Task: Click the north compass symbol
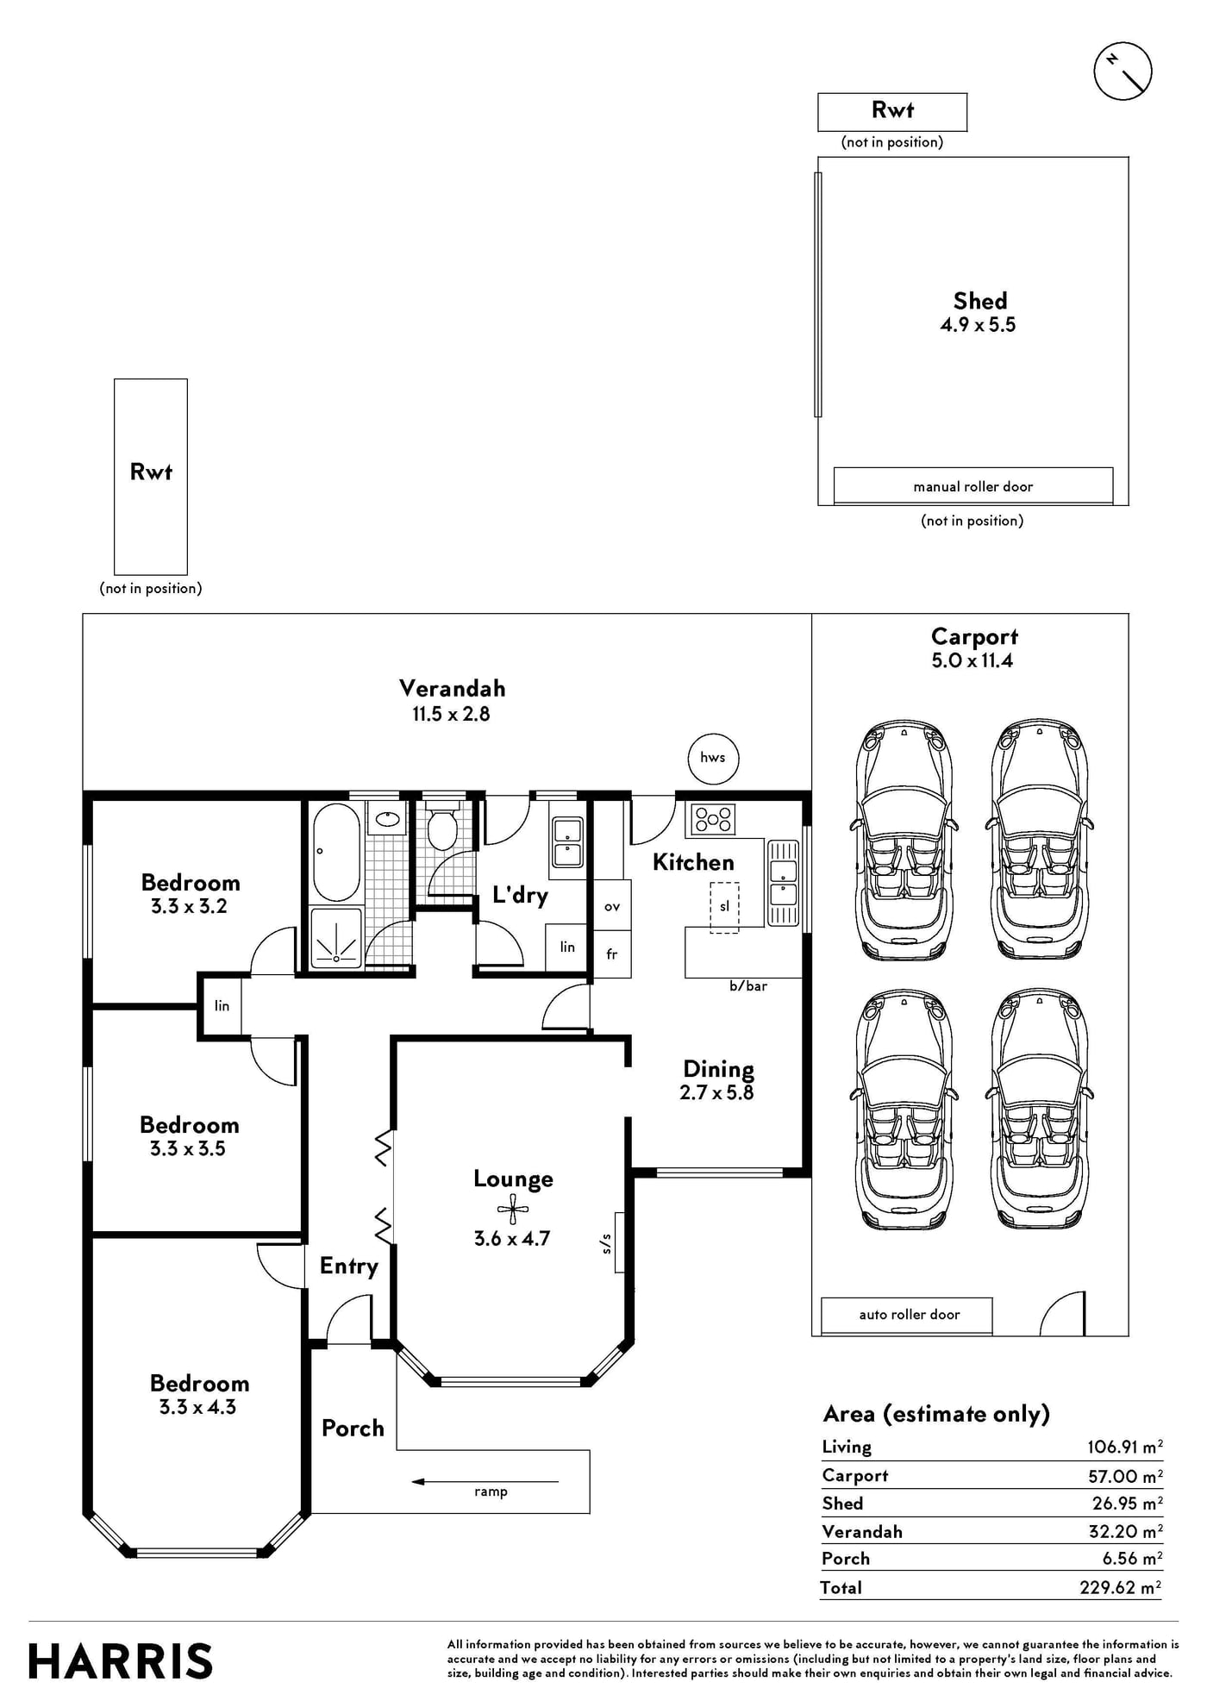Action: tap(1123, 71)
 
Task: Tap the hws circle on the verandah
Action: tap(713, 758)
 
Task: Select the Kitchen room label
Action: tap(693, 862)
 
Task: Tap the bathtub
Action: tap(336, 852)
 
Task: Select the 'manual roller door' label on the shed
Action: tap(972, 486)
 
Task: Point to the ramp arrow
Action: tap(485, 1482)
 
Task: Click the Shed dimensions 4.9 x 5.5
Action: tap(978, 325)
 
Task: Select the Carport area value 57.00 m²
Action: tap(1125, 1476)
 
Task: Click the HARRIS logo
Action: tap(121, 1661)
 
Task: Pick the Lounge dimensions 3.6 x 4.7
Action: tap(512, 1239)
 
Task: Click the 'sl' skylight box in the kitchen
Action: tap(724, 906)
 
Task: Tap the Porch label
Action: tap(353, 1428)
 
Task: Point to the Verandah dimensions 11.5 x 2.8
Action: tap(451, 714)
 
